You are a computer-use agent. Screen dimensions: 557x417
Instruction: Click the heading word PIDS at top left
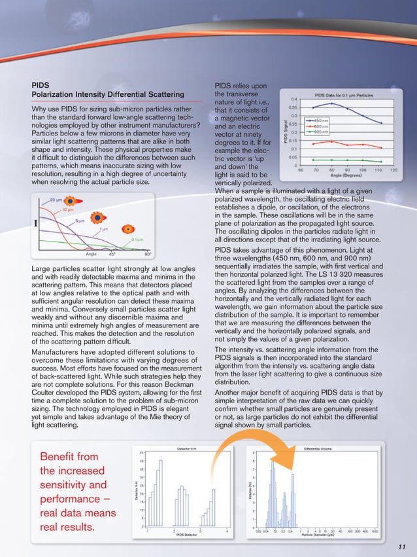click(x=41, y=84)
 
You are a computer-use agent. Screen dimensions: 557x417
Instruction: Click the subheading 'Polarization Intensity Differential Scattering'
click(x=108, y=95)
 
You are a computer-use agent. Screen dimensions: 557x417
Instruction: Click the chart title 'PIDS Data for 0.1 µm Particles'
click(x=344, y=95)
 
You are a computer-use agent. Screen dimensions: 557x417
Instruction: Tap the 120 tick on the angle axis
click(x=393, y=170)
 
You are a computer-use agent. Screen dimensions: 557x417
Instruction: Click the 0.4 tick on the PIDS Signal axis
click(x=294, y=99)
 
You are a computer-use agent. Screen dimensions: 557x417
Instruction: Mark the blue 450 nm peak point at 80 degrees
click(x=331, y=103)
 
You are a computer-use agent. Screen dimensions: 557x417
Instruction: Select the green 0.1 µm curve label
click(x=137, y=240)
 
